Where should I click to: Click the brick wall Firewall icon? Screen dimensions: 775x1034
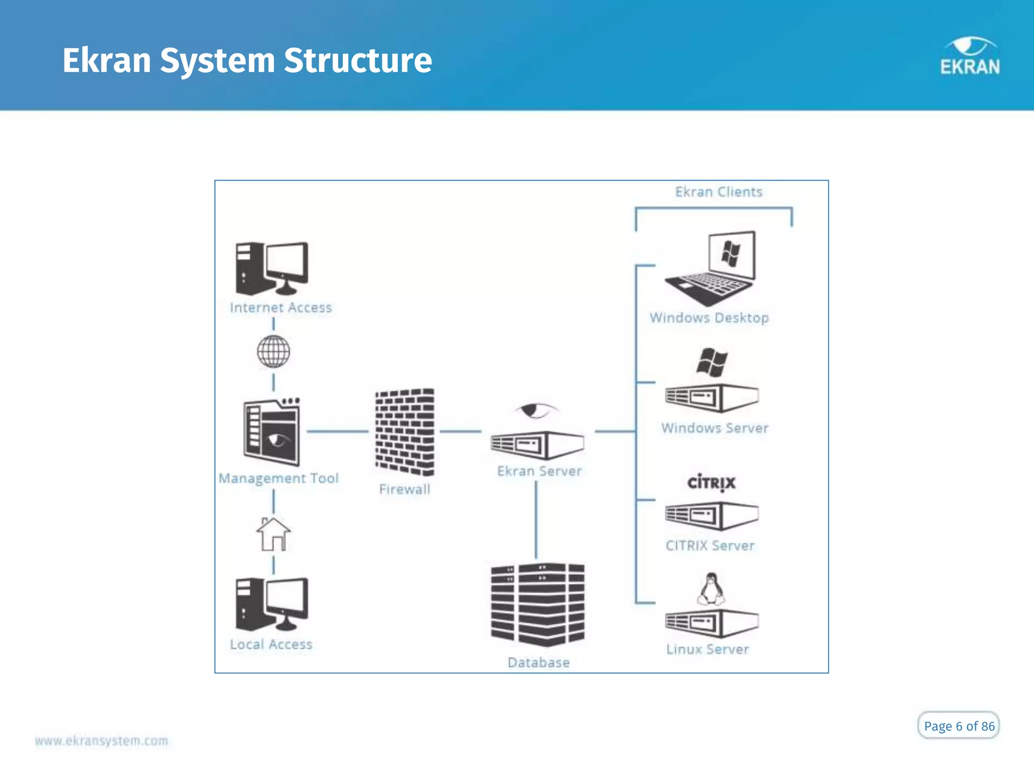pyautogui.click(x=404, y=432)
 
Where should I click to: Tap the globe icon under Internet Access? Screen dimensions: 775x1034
pyautogui.click(x=274, y=352)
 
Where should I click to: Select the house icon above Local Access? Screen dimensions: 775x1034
pyautogui.click(x=274, y=534)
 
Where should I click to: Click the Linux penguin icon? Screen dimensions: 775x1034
pyautogui.click(x=711, y=589)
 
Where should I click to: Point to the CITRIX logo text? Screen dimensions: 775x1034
pyautogui.click(x=711, y=483)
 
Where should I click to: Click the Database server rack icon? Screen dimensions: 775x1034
pyautogui.click(x=538, y=605)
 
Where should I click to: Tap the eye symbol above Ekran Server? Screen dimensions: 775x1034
pyautogui.click(x=535, y=411)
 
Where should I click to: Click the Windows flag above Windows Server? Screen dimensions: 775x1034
pyautogui.click(x=712, y=362)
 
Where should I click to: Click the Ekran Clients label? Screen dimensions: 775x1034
pyautogui.click(x=718, y=192)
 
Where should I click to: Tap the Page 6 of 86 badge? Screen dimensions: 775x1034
pyautogui.click(x=958, y=726)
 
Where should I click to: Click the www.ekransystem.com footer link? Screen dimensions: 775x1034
pyautogui.click(x=101, y=741)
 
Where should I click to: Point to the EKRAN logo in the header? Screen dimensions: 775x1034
pyautogui.click(x=970, y=57)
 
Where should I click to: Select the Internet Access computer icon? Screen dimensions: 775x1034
pyautogui.click(x=272, y=268)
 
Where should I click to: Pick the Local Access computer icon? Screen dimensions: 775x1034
pyautogui.click(x=272, y=604)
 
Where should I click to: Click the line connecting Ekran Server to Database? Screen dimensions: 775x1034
pyautogui.click(x=536, y=520)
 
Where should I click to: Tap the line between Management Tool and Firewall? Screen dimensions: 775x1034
pyautogui.click(x=337, y=431)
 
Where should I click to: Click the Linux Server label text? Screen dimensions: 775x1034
pyautogui.click(x=707, y=649)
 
